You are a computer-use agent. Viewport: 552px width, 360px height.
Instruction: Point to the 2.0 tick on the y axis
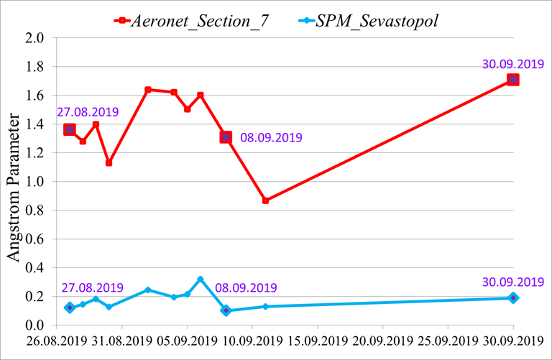point(35,38)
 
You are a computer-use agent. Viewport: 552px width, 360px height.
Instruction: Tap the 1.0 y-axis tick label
point(35,182)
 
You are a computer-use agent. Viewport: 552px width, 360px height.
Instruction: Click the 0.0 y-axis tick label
point(35,325)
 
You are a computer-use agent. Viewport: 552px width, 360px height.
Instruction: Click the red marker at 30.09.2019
point(512,80)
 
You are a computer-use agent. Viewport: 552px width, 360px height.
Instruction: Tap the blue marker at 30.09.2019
point(512,297)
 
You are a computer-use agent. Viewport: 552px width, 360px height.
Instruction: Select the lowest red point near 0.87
point(265,200)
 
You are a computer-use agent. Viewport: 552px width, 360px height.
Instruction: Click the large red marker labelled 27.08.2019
point(69,129)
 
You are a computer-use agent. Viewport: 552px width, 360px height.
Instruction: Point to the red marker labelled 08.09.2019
point(226,137)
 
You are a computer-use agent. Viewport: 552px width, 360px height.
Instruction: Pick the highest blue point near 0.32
point(200,279)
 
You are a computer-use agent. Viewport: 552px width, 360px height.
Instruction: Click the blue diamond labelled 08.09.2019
point(226,310)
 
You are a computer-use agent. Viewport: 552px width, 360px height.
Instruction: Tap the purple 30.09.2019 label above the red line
point(512,64)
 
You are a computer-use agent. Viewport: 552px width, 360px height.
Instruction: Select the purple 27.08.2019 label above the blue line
point(91,287)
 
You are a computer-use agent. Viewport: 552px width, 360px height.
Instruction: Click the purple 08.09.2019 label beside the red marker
point(271,137)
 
